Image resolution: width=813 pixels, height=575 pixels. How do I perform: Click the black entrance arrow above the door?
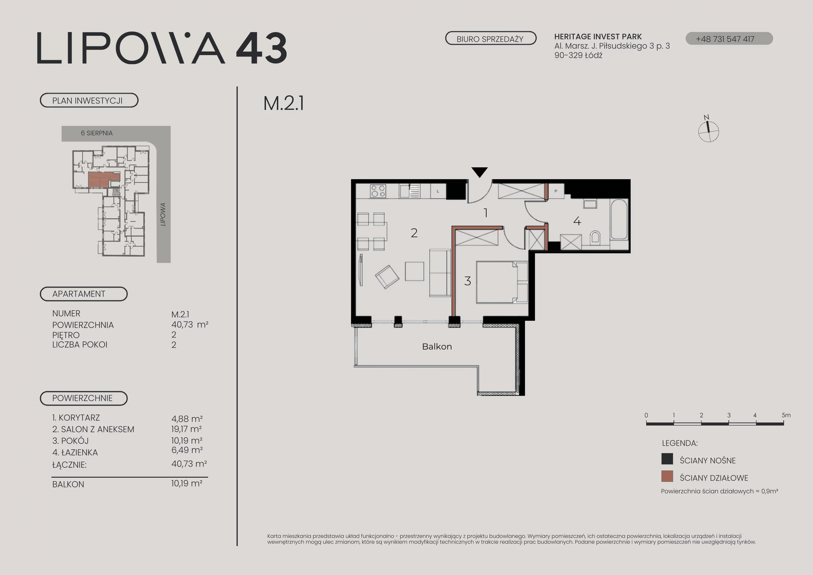point(479,172)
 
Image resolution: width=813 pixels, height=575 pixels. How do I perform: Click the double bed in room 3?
point(502,282)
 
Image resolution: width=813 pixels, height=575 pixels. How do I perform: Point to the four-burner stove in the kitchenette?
point(378,191)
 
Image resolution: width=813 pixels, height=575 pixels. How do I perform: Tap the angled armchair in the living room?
point(387,277)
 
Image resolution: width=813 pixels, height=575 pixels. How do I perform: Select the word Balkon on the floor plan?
point(437,346)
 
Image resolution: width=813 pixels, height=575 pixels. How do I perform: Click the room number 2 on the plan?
point(414,233)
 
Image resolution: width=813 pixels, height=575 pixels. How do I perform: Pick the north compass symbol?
point(708,130)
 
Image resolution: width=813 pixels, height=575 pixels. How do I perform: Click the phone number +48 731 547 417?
point(725,39)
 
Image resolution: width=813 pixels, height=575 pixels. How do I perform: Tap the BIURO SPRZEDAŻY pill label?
point(490,39)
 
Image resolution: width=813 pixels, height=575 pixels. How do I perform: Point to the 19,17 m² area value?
point(186,429)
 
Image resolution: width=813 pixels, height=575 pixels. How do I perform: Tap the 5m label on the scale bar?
point(786,415)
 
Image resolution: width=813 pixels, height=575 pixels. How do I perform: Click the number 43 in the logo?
point(262,48)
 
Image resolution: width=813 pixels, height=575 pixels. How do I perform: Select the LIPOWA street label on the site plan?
point(163,214)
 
